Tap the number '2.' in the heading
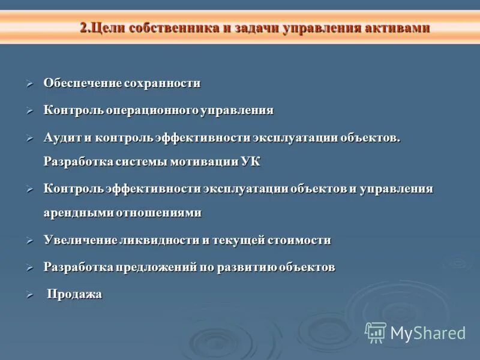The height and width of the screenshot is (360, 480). [x=86, y=28]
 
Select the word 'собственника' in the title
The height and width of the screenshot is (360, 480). [x=170, y=28]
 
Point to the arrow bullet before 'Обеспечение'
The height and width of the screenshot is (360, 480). [x=30, y=84]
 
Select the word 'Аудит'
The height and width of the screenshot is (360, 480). [x=61, y=137]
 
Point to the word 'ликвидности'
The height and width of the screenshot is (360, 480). [x=162, y=240]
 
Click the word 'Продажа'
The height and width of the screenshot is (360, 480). [x=74, y=294]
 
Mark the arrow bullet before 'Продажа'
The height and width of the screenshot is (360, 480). [x=30, y=295]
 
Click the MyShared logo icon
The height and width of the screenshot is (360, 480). [x=376, y=332]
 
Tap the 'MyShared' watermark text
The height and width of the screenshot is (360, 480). [x=428, y=333]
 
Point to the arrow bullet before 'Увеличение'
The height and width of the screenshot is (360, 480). [x=30, y=241]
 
